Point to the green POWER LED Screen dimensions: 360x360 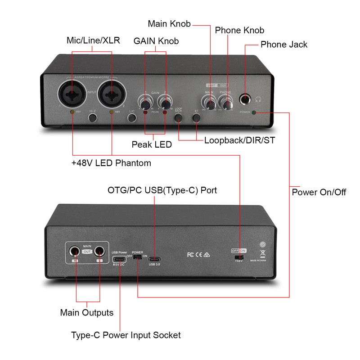pyautogui.click(x=255, y=112)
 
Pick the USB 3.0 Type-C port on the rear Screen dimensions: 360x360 pyautogui.click(x=154, y=259)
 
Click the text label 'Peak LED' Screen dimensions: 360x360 pyautogui.click(x=152, y=145)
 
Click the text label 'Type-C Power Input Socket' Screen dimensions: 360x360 pyautogui.click(x=126, y=335)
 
